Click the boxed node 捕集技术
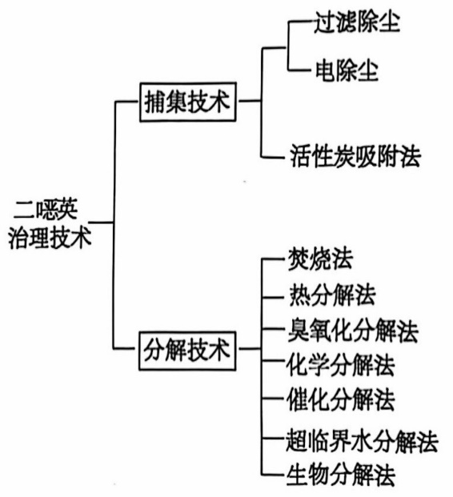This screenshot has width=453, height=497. point(188,102)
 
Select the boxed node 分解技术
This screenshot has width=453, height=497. point(187,351)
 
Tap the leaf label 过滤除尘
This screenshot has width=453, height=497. point(357,22)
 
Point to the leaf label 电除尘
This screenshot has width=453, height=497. point(347,70)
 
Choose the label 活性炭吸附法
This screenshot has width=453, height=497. point(355,156)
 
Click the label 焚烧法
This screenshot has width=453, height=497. point(320,259)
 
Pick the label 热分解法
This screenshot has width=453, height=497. point(332,295)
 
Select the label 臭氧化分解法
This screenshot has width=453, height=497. point(353,331)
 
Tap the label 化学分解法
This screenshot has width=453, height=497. point(340,365)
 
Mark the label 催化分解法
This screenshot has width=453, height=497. point(340,399)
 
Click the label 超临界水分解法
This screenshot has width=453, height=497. point(362,441)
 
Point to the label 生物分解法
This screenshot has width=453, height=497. point(340,475)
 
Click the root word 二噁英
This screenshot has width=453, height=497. point(46,210)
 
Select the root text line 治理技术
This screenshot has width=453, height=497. point(50,237)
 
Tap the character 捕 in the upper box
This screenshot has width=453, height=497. point(155,102)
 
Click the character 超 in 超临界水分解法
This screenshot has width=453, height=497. point(296,441)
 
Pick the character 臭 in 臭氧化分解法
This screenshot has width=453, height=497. point(299,331)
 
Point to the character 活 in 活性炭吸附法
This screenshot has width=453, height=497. point(301,156)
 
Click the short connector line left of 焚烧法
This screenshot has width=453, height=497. point(273,259)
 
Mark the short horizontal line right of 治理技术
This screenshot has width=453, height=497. point(101,222)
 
